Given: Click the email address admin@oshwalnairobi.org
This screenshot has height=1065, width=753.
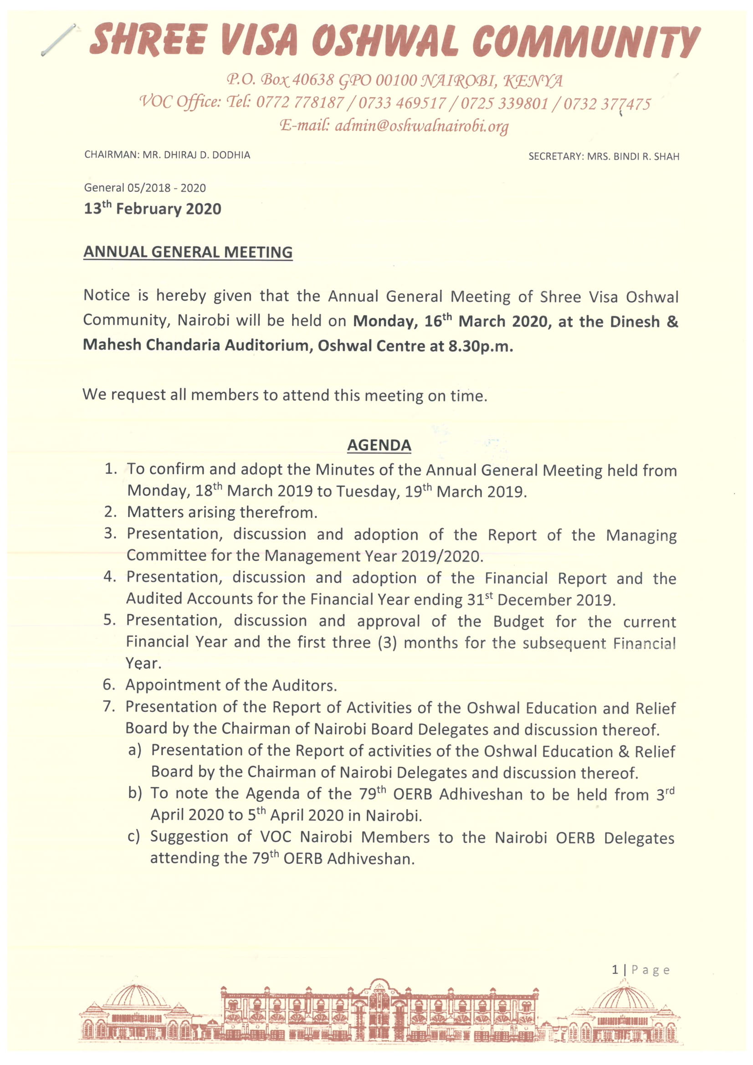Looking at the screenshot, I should click(x=421, y=126).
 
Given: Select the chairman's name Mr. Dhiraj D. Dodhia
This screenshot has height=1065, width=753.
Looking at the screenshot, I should click(x=196, y=155).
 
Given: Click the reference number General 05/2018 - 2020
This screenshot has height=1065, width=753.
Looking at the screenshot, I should click(x=145, y=188).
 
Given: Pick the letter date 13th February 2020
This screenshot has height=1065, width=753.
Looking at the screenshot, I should click(x=153, y=209).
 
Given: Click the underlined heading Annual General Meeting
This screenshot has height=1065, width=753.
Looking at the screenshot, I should click(x=188, y=252).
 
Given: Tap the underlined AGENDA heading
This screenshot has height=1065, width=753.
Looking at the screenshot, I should click(x=379, y=445).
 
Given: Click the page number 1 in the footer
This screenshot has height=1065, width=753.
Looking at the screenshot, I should click(x=615, y=970).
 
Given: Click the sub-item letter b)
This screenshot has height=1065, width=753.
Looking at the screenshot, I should click(x=135, y=793).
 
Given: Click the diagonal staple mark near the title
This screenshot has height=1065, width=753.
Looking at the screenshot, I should click(x=58, y=40).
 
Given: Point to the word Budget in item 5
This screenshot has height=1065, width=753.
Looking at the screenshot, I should click(x=518, y=622).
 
